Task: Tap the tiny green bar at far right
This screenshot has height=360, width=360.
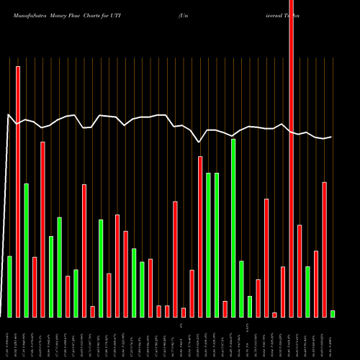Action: (333, 314)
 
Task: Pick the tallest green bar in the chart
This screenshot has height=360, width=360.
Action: (233, 228)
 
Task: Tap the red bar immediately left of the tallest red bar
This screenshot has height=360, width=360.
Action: (283, 292)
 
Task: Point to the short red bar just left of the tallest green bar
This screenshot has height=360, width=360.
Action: (225, 309)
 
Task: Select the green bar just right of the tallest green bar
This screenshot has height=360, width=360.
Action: (241, 289)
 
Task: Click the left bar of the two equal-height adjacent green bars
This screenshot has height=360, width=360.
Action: (208, 245)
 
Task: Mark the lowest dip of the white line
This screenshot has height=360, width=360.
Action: (199, 142)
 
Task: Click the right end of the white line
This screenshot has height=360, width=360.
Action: (331, 137)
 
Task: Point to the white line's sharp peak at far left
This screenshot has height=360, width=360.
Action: (9, 114)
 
